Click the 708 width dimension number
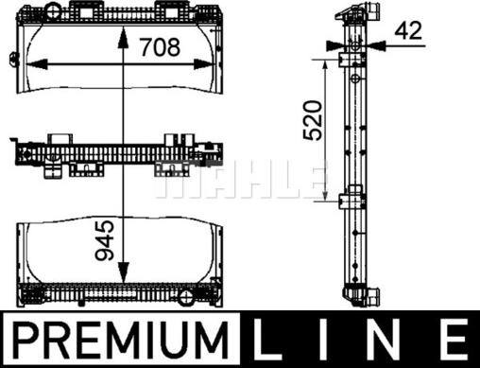[x=161, y=47]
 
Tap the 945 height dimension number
[x=105, y=240]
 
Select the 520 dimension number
[x=313, y=120]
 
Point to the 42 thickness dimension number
[x=408, y=30]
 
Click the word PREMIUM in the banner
[x=120, y=339]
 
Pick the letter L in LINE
[x=267, y=339]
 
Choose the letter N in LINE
[x=383, y=339]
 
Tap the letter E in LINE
[x=454, y=339]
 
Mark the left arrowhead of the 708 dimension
[x=37, y=64]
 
